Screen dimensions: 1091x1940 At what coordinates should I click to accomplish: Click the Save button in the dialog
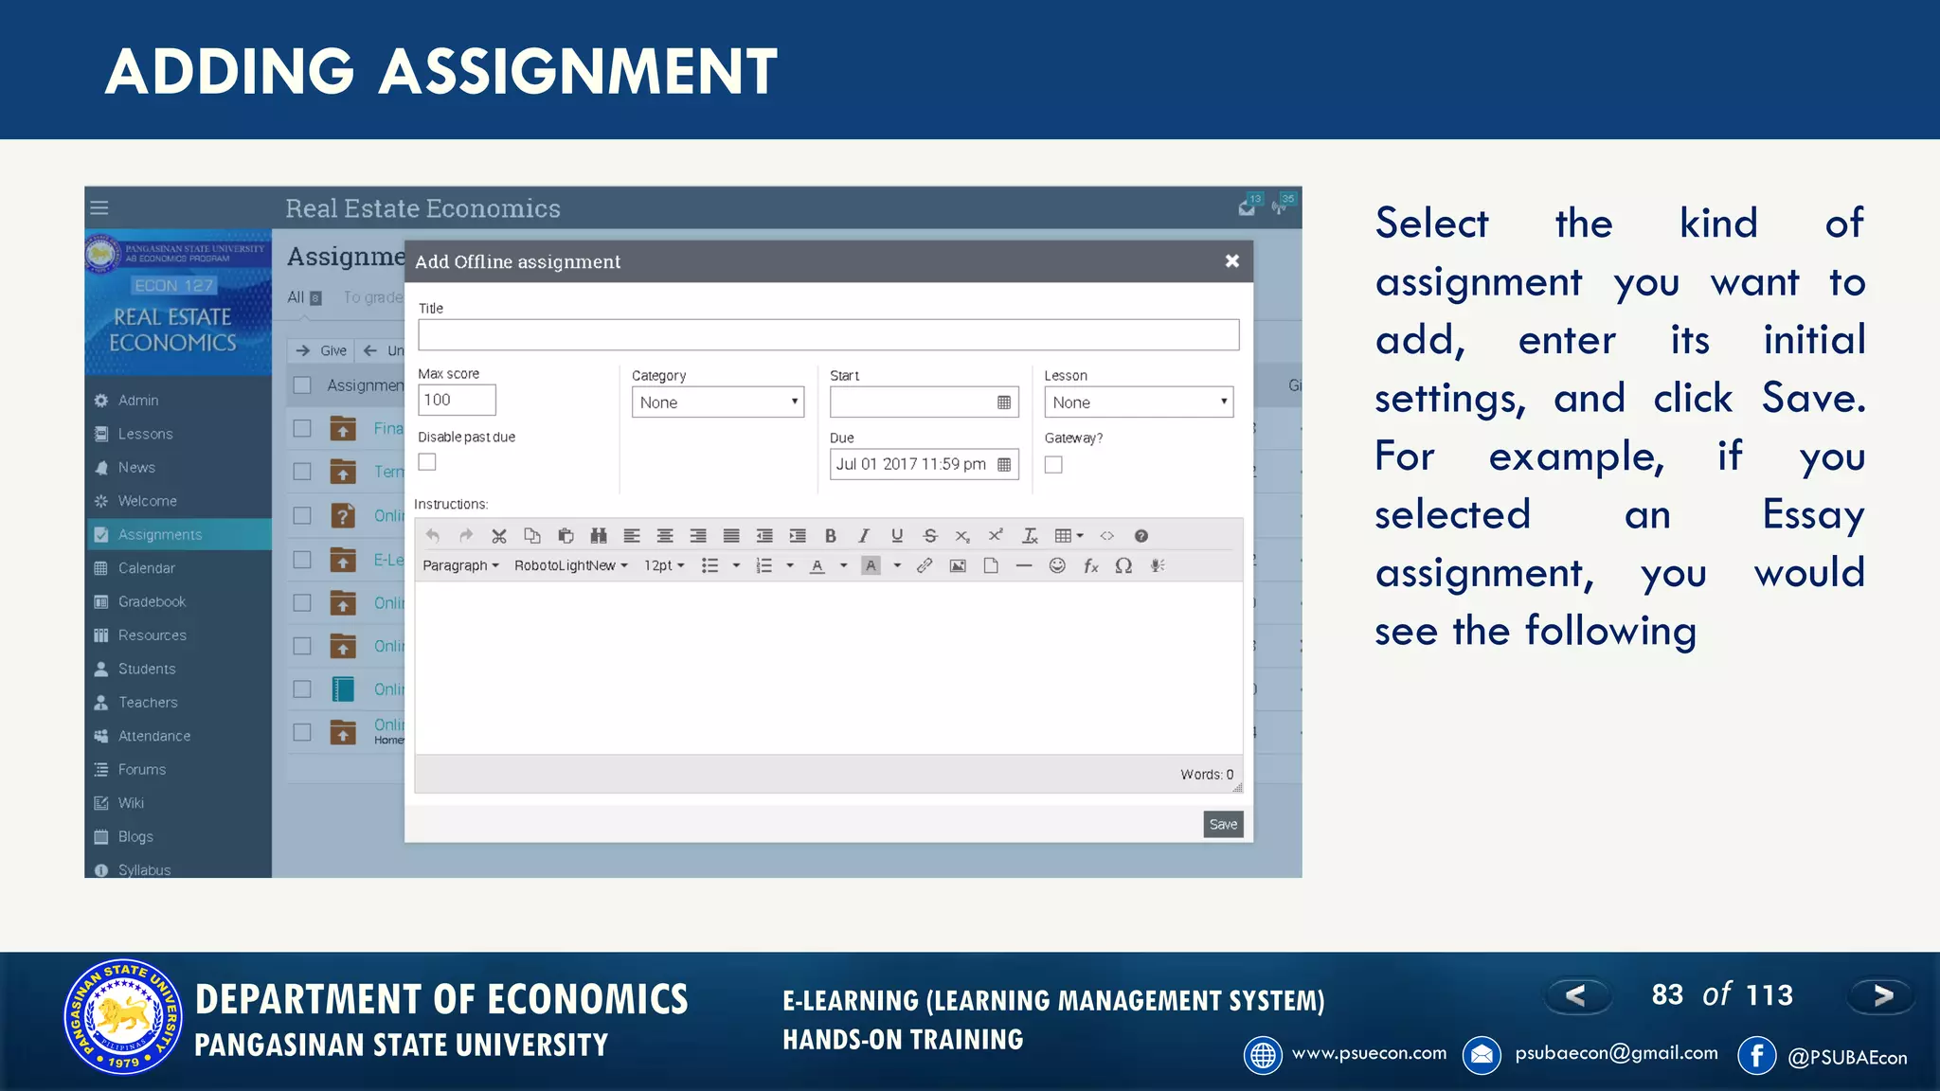coord(1223,824)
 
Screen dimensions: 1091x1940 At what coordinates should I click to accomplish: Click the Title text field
coord(828,334)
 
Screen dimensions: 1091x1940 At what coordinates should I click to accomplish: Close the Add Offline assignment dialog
coord(1231,260)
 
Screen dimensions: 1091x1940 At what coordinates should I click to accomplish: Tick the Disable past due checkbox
coord(427,462)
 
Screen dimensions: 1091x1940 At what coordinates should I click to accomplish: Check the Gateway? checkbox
coord(1053,464)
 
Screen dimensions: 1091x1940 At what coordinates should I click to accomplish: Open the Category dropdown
coord(717,402)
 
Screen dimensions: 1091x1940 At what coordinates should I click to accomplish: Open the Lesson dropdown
coord(1138,402)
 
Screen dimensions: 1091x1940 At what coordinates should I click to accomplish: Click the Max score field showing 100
coord(456,400)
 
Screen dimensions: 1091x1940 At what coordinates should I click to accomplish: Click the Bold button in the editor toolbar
coord(831,536)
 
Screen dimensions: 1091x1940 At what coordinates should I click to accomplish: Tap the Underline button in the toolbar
coord(897,536)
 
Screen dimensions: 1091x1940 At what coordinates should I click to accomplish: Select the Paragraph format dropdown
coord(460,565)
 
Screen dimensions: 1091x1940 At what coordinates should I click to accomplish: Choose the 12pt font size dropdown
coord(664,565)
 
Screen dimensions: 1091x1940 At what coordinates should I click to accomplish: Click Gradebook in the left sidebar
coord(152,601)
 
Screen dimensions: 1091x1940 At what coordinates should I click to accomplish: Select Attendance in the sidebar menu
coord(153,736)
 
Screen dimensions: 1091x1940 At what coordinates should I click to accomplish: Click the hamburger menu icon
coord(99,207)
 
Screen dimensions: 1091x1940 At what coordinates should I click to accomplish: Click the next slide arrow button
coord(1881,995)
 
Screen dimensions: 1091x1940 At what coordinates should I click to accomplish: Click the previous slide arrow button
coord(1576,995)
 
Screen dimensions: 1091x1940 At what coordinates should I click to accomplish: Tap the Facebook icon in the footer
coord(1756,1055)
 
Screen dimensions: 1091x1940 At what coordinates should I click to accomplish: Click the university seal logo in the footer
coord(122,1017)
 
